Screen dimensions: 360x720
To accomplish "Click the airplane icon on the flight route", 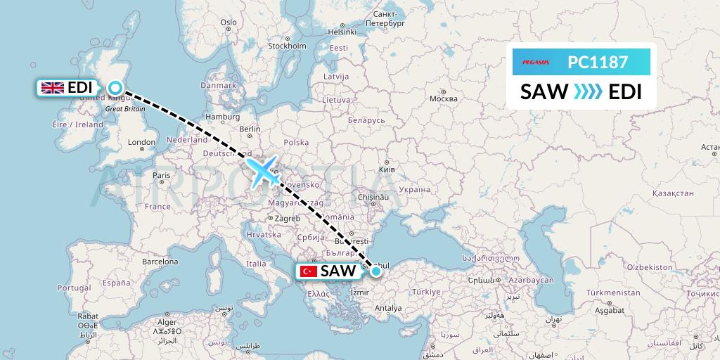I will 264,172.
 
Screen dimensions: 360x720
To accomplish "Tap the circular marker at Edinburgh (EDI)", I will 115,88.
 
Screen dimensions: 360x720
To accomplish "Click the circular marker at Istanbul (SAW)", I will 376,271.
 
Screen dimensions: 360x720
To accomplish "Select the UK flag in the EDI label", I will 52,88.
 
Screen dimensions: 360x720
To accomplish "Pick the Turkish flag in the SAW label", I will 308,271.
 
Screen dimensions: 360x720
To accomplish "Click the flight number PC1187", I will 598,62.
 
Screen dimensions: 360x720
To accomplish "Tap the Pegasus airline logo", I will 535,62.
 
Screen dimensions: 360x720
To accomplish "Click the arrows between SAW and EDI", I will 588,92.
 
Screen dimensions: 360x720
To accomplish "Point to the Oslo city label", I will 229,22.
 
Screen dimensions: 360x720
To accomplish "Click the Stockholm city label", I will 287,46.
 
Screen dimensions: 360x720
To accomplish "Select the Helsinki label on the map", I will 342,32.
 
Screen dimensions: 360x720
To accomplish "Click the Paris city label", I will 162,175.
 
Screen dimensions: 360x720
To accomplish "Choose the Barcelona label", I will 161,261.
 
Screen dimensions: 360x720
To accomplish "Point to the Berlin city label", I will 250,129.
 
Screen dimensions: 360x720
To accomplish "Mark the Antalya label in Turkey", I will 388,308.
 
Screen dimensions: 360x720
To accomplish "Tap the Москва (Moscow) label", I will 443,98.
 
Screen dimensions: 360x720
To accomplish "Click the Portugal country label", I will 75,288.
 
